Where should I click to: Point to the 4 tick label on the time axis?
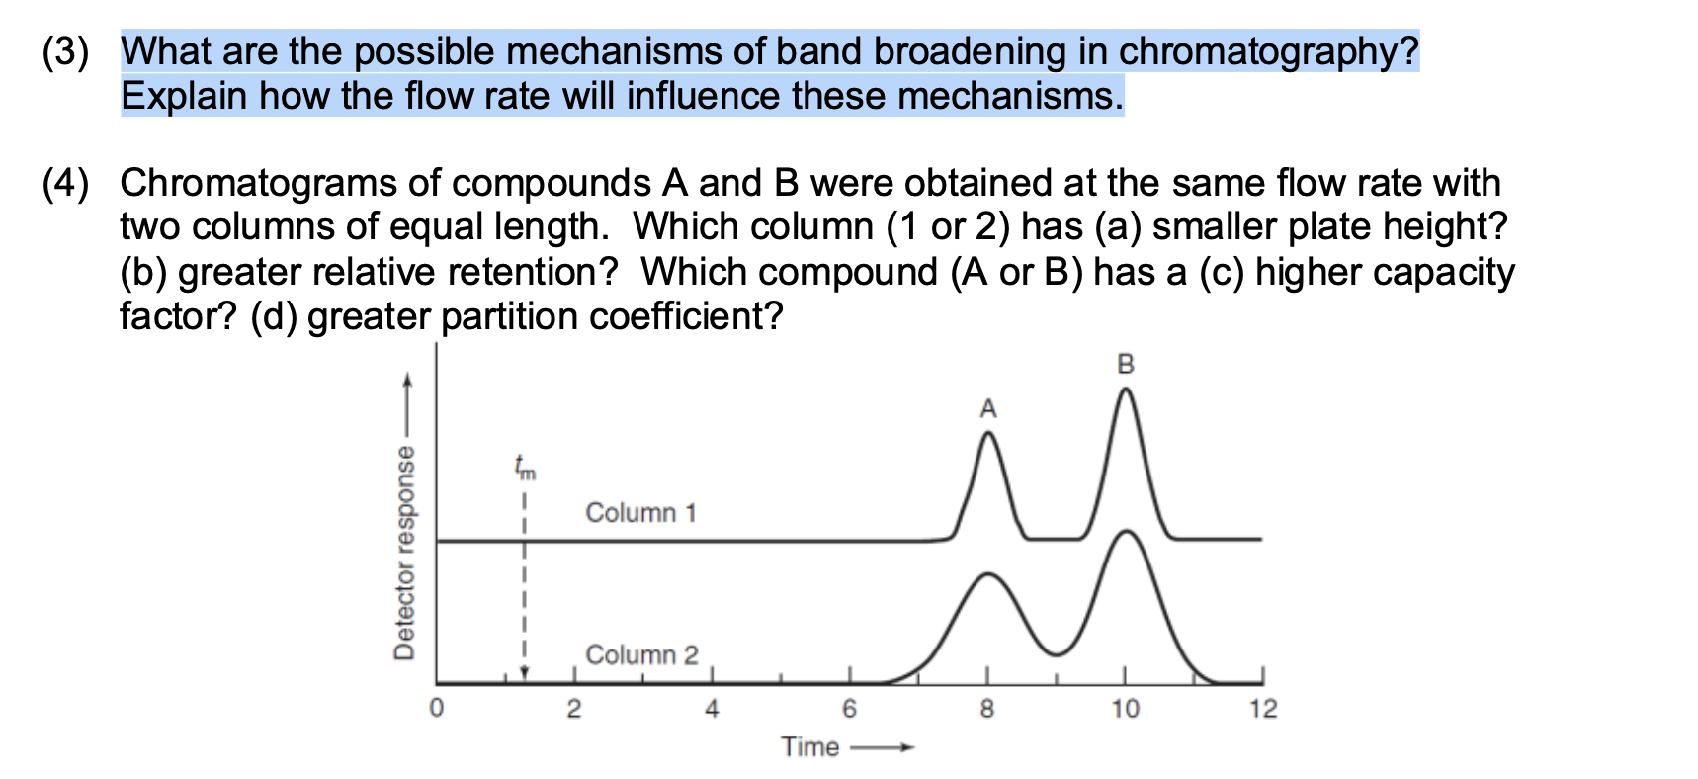[711, 709]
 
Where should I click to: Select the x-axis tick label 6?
[848, 709]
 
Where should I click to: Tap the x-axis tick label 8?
[986, 709]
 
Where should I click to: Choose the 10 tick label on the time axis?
[1124, 709]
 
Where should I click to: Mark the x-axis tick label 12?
[1262, 709]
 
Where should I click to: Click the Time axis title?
[809, 747]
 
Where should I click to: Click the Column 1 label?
[640, 513]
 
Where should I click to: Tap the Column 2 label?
[641, 655]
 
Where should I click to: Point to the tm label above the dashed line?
[524, 467]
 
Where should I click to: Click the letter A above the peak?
[987, 408]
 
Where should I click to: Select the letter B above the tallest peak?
[1125, 364]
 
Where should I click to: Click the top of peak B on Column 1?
[1125, 389]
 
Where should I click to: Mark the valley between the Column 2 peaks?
[1056, 654]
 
